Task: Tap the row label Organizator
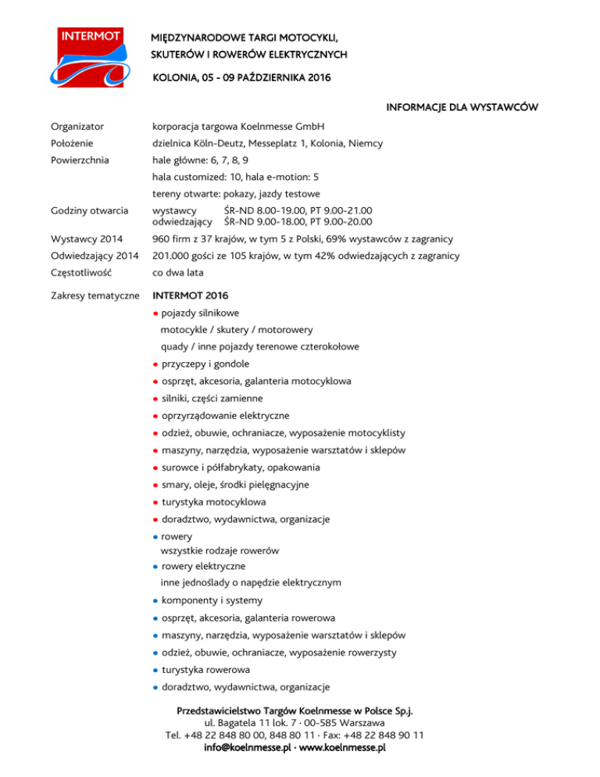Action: click(x=77, y=126)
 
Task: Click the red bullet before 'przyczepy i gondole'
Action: click(x=156, y=364)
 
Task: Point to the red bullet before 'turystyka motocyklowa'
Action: click(x=156, y=502)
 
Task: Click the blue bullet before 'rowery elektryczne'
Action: click(x=156, y=566)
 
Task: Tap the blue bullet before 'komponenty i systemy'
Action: click(x=156, y=601)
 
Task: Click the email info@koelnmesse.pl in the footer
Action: click(x=250, y=748)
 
